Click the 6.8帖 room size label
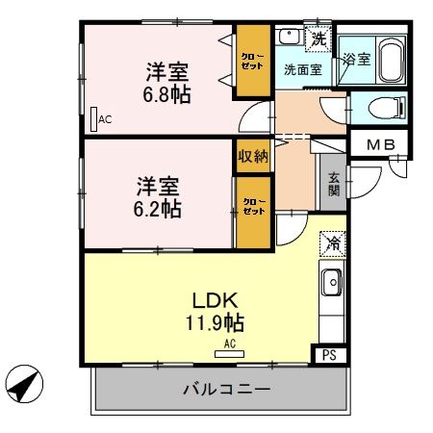167,95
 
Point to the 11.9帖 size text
215,322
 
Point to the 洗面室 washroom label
302,70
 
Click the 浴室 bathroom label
357,59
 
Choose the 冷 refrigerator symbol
331,243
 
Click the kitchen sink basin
331,285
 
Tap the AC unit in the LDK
230,351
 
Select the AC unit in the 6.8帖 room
93,120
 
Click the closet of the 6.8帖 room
254,61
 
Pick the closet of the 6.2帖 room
253,209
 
